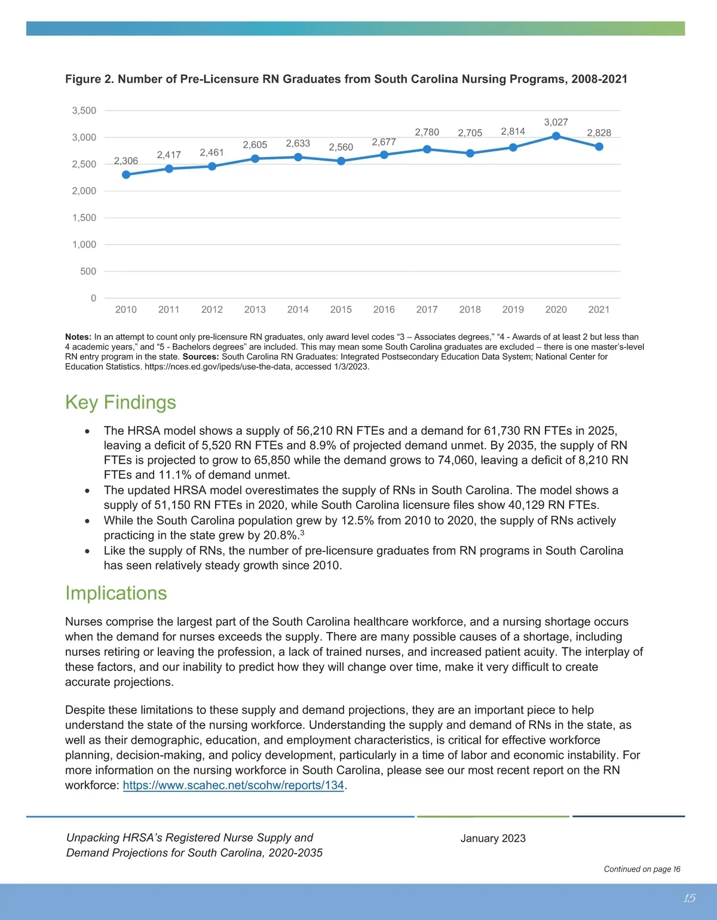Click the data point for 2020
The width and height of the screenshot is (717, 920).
[x=556, y=136]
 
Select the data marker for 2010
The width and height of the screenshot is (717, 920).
[x=126, y=174]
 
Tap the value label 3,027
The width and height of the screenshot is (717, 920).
[x=556, y=122]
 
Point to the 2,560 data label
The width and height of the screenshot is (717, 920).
[x=341, y=148]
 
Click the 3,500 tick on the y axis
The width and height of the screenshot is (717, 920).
[x=84, y=111]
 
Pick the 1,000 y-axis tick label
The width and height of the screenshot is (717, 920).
[x=84, y=244]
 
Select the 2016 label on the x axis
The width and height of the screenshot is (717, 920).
[x=384, y=309]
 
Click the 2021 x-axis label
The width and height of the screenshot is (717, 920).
[x=599, y=309]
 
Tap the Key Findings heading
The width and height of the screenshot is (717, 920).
[x=121, y=403]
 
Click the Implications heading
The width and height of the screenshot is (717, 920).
[x=116, y=593]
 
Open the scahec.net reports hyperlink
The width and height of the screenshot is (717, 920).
[x=233, y=786]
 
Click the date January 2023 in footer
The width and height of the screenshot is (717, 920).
[x=493, y=838]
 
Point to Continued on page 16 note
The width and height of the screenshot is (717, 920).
[x=642, y=869]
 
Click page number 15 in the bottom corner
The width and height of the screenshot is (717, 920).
[x=689, y=898]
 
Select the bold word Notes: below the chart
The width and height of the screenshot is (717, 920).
[x=78, y=337]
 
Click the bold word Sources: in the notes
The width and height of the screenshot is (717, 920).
[x=201, y=357]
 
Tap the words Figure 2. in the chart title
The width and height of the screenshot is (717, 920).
[x=89, y=79]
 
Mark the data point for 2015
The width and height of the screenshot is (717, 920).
[x=341, y=161]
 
